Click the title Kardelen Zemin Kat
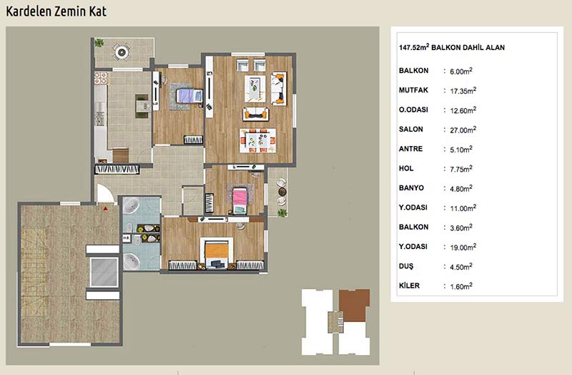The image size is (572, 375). pyautogui.click(x=56, y=11)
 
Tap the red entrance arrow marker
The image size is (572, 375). pyautogui.click(x=105, y=208)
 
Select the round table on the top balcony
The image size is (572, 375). pyautogui.click(x=122, y=52)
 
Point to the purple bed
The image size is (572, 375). pyautogui.click(x=189, y=96)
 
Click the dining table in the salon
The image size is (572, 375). pyautogui.click(x=257, y=140)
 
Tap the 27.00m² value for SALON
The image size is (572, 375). pyautogui.click(x=463, y=130)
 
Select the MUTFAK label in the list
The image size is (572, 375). pyautogui.click(x=413, y=90)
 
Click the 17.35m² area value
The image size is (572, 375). pyautogui.click(x=463, y=91)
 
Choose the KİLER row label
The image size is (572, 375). pyautogui.click(x=409, y=285)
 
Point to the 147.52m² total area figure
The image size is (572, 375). pyautogui.click(x=414, y=47)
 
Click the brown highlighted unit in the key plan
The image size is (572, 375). pyautogui.click(x=354, y=306)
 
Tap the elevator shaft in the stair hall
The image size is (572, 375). pyautogui.click(x=104, y=272)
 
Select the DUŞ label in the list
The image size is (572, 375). pyautogui.click(x=406, y=266)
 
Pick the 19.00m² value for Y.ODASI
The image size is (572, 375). pyautogui.click(x=463, y=247)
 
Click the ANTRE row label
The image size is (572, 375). pyautogui.click(x=410, y=149)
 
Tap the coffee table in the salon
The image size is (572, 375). pyautogui.click(x=255, y=89)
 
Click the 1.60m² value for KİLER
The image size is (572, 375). pyautogui.click(x=461, y=286)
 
